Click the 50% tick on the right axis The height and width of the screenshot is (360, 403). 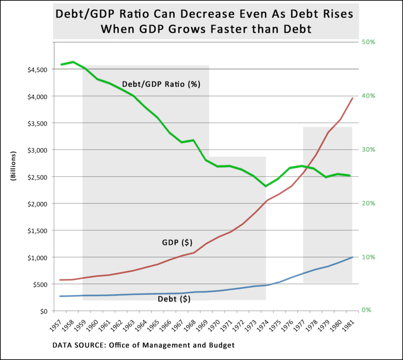368,42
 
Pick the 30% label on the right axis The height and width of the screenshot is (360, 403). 368,150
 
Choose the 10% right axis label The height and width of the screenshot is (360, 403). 368,257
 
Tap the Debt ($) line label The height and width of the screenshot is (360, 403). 174,299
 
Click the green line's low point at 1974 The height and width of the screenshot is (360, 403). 266,186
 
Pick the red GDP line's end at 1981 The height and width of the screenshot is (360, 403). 353,98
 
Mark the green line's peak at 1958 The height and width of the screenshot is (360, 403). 73,62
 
